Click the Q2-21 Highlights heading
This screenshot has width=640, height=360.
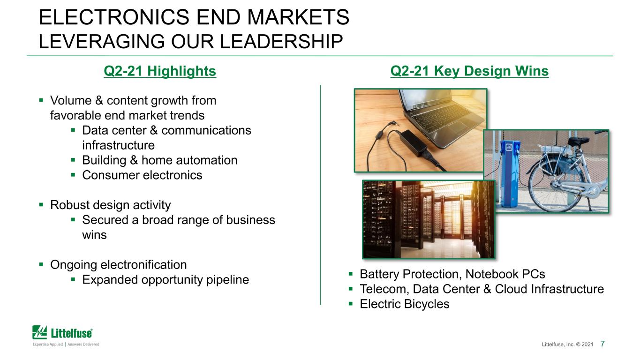point(160,71)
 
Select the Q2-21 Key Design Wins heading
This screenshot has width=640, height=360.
point(469,71)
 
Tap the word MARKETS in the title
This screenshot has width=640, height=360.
point(298,17)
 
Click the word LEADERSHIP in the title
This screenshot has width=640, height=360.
point(281,42)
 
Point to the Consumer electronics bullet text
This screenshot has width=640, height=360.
point(142,175)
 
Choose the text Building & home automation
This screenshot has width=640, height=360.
point(160,160)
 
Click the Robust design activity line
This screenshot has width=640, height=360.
point(110,205)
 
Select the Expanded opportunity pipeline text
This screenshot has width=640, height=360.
point(166,280)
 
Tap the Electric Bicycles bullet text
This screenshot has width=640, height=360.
point(404,304)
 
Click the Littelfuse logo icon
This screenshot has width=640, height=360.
point(39,332)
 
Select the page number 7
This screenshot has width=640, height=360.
point(602,344)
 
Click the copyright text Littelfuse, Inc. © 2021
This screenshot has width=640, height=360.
point(567,345)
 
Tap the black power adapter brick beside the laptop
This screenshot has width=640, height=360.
point(413,143)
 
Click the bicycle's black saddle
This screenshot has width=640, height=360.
point(578,141)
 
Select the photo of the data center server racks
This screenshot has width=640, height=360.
point(429,219)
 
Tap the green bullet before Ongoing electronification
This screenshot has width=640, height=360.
point(41,264)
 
